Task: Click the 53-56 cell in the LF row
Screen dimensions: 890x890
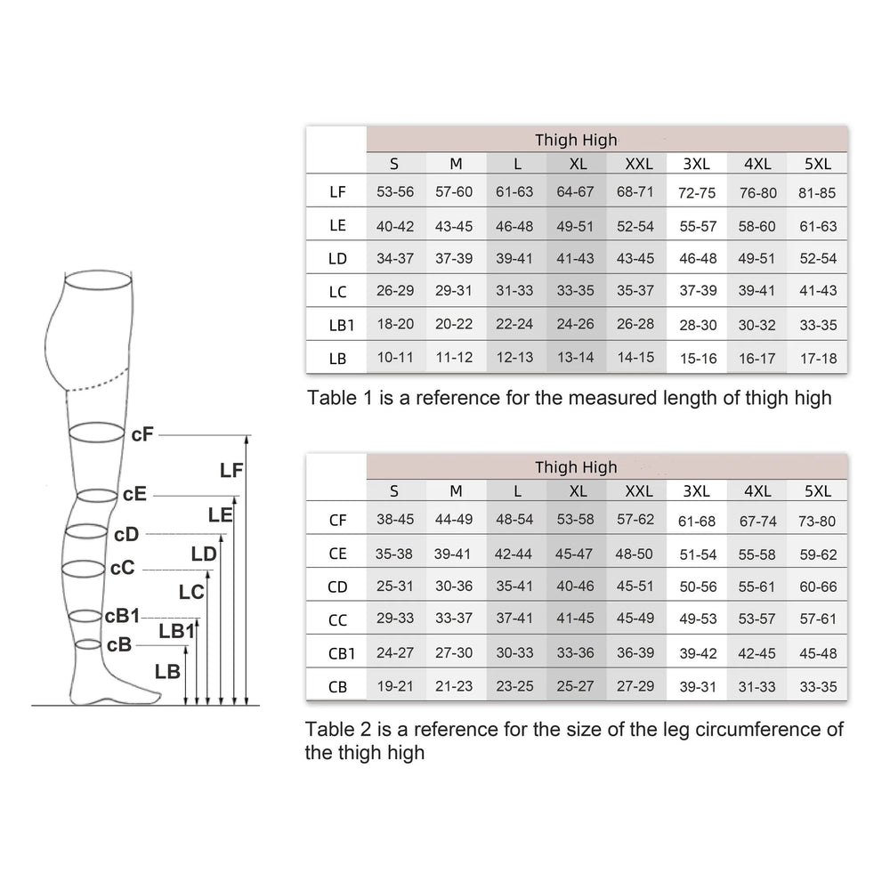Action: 395,192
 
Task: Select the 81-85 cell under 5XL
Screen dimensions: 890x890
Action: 817,193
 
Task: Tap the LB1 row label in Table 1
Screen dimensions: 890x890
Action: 341,325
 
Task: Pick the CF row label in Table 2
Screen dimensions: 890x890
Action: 337,521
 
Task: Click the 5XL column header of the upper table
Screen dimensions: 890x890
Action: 817,164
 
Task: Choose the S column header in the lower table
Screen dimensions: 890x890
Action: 394,491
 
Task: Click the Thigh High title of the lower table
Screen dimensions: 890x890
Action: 576,467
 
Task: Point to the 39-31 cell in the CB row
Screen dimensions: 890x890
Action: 698,687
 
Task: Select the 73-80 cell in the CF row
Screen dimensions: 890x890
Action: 817,521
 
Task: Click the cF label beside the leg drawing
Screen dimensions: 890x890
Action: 142,435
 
